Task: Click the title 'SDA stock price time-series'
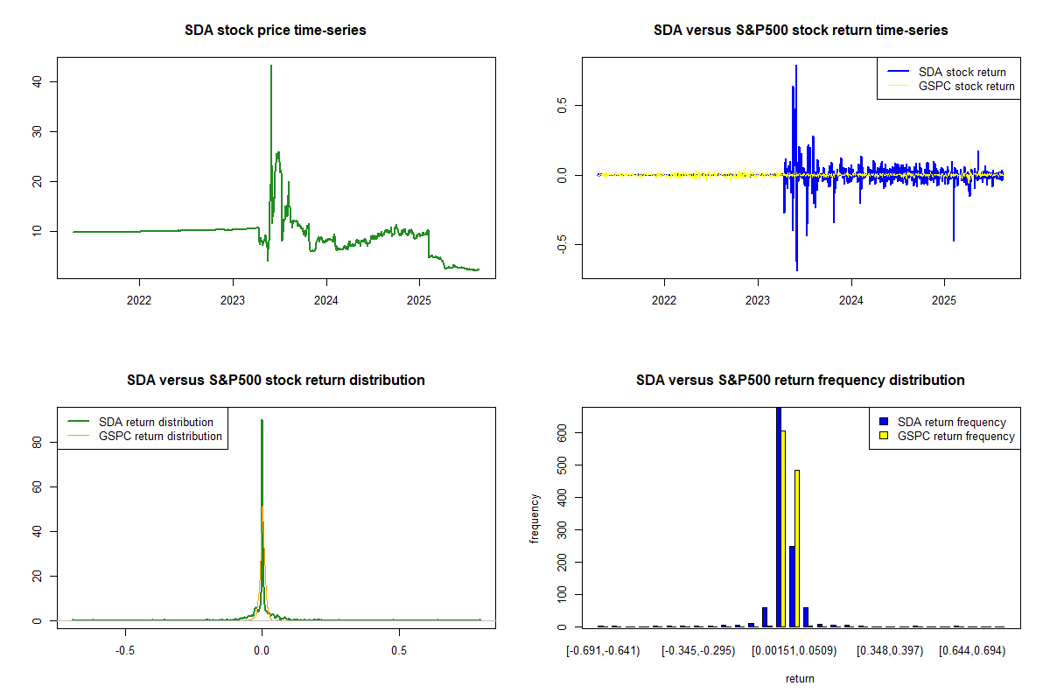(276, 31)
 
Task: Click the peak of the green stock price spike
(271, 66)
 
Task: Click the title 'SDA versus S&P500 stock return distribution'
(276, 381)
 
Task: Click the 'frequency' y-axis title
(535, 518)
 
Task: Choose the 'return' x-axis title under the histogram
(800, 678)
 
